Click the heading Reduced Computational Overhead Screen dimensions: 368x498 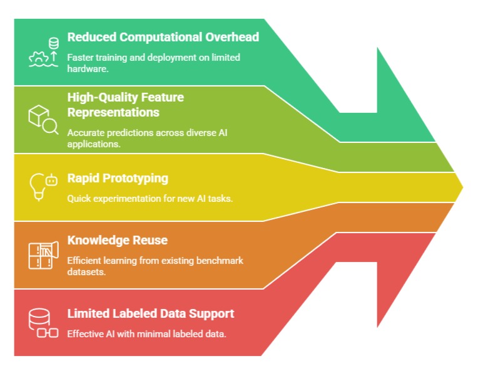click(x=163, y=37)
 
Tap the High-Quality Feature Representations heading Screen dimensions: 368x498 click(x=125, y=105)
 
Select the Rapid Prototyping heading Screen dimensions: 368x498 click(x=118, y=178)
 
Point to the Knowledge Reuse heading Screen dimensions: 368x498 click(x=117, y=240)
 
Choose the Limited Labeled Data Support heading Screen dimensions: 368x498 click(x=151, y=313)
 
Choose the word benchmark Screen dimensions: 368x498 click(x=220, y=260)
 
